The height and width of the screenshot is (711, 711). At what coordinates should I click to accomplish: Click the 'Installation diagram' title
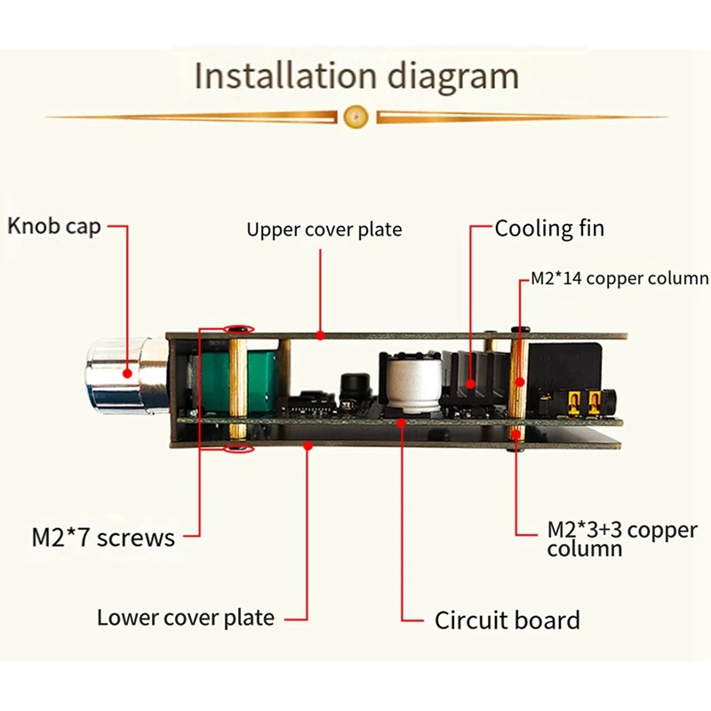355,76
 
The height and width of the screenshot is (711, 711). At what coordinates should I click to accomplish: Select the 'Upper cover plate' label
324,230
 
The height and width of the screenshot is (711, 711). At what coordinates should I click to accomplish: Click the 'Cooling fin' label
549,228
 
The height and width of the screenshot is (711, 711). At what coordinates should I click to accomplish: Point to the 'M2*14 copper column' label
619,278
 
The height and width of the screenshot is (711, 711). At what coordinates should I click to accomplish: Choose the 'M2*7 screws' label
103,536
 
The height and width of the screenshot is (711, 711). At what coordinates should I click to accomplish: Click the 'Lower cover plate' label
186,617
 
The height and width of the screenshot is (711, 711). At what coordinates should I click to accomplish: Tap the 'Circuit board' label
507,619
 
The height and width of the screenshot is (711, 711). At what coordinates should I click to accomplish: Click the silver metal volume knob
124,376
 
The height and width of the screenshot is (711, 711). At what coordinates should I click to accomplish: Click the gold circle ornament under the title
355,116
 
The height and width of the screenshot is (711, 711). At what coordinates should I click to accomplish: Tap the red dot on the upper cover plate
321,335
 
